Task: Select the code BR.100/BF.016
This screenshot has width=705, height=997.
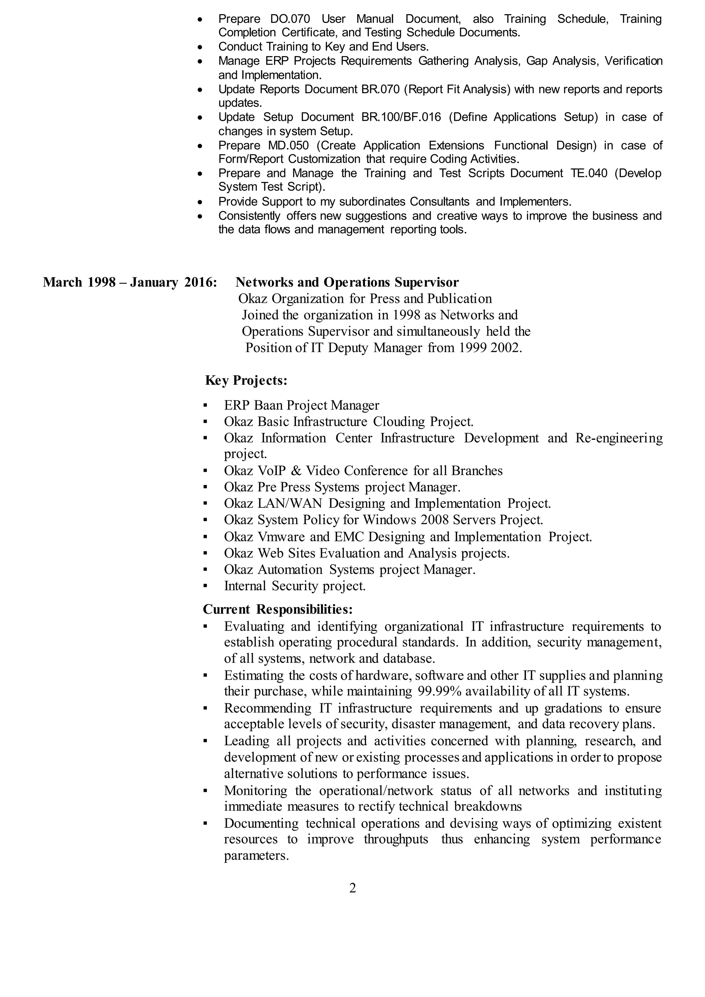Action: click(x=401, y=117)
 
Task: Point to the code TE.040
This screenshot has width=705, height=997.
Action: click(x=589, y=173)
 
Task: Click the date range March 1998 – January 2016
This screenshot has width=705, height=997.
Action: click(x=130, y=283)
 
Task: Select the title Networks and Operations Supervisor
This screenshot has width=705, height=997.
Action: click(x=347, y=283)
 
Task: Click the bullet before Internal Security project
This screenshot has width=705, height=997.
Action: click(x=205, y=586)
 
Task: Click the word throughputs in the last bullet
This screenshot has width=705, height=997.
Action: click(x=396, y=839)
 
